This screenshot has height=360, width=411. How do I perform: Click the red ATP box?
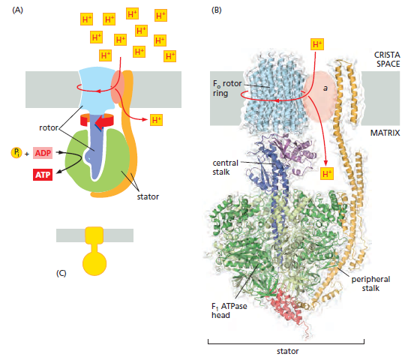coord(43,175)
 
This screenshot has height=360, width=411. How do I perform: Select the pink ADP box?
coord(43,153)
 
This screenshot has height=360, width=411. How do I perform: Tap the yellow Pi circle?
coord(16,152)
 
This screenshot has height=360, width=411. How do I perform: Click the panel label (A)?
coord(17,10)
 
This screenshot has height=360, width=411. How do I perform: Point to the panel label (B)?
coord(217,10)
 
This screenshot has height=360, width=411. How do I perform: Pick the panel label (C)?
coord(61,273)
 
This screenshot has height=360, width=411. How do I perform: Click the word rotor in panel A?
coord(49,127)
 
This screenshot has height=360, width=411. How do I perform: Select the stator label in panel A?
coord(148,196)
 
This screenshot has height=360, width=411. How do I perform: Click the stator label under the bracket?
coord(287,351)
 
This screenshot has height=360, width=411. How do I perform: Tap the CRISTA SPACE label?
coord(387,59)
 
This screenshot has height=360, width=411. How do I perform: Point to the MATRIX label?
coord(385,133)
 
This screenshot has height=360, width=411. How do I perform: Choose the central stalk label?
coord(225,167)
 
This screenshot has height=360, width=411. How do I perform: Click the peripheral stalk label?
coord(370,283)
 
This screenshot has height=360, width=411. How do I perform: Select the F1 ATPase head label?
coord(229,310)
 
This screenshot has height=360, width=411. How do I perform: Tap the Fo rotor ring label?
coord(227,88)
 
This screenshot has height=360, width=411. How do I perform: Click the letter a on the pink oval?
coord(325,88)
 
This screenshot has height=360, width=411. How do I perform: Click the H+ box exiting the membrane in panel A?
coord(156,120)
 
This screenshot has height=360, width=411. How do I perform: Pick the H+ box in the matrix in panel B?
coord(327,173)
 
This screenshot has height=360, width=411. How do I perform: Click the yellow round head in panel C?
coord(94,263)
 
